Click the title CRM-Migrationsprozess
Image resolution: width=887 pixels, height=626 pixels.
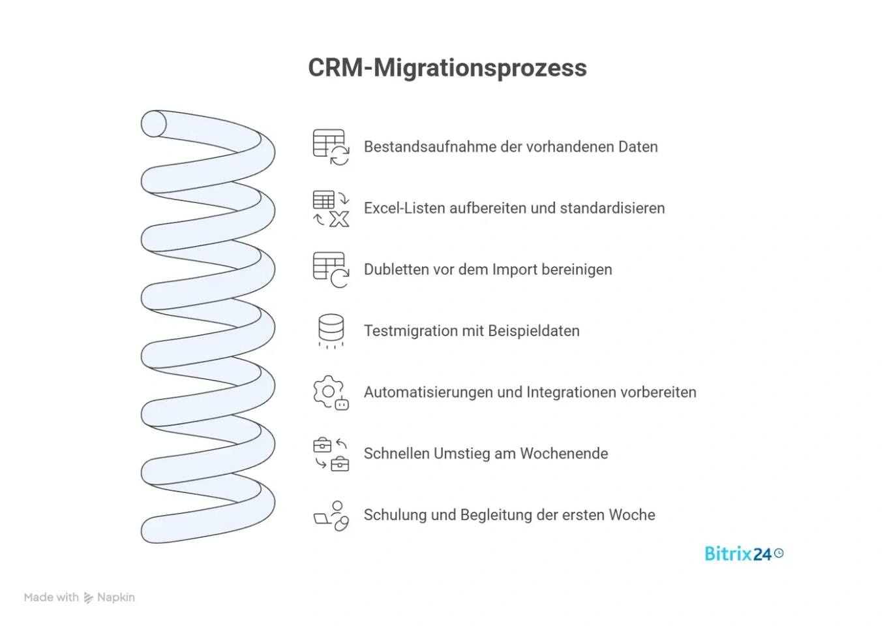pos(447,68)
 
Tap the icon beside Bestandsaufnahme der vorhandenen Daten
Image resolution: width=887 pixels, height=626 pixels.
pos(331,147)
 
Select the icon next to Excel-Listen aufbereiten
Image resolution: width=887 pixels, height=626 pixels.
pos(331,208)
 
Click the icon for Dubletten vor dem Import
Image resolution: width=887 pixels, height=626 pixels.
pos(331,270)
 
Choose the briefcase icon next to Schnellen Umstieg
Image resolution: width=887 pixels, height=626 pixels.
pos(331,454)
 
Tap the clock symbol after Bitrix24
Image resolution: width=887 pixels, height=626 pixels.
pos(779,554)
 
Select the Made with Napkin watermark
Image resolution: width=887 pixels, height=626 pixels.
pos(79,597)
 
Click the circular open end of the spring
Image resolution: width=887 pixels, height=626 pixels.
pos(154,124)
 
